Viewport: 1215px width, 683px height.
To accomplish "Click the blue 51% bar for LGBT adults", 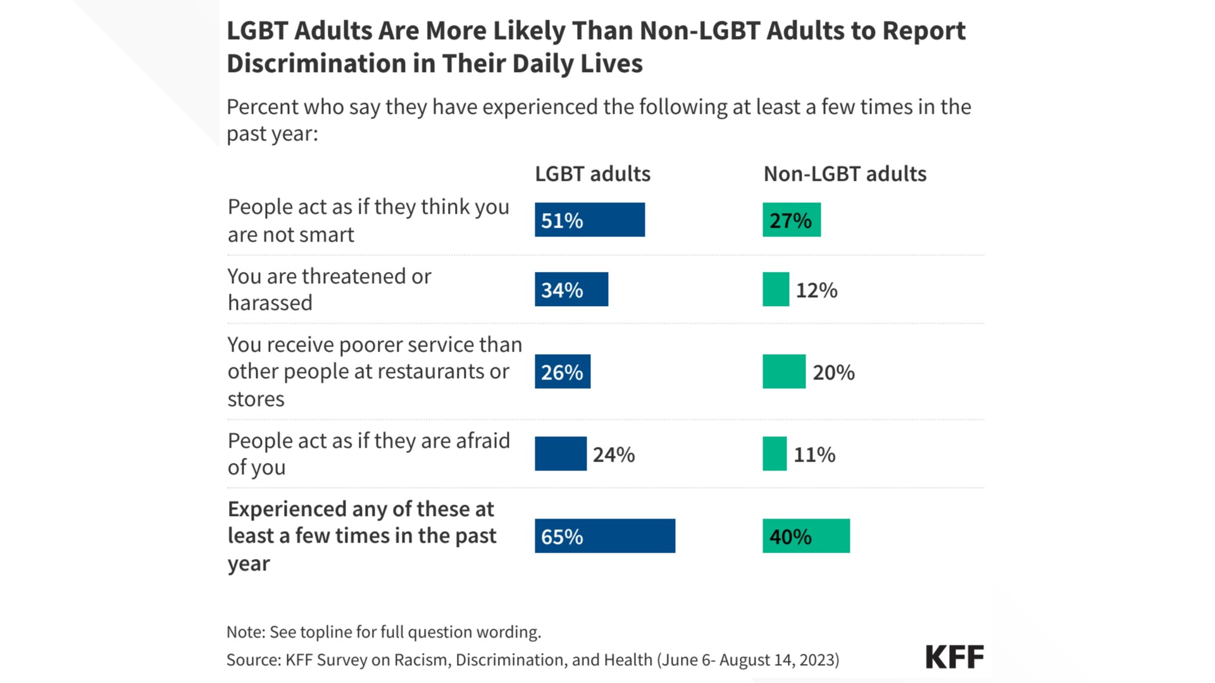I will tap(589, 219).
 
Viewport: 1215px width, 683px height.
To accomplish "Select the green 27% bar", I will tap(791, 219).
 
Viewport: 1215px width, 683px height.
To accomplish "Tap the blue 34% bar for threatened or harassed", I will tap(571, 289).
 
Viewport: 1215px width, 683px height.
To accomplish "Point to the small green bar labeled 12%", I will tap(775, 289).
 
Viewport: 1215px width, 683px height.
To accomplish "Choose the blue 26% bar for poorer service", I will tap(562, 371).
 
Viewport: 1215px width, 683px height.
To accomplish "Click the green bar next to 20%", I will tap(783, 371).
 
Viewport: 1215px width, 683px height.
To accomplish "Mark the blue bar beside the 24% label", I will tap(560, 453).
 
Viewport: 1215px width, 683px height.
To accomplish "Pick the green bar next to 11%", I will tap(774, 453).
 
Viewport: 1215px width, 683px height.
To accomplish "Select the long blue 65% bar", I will tap(604, 536).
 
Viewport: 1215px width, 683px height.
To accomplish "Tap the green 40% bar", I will tap(806, 536).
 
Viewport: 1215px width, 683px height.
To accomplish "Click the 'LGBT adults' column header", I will tap(592, 174).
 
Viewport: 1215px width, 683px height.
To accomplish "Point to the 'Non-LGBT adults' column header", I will tap(844, 174).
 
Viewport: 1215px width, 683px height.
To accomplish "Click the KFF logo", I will tap(954, 657).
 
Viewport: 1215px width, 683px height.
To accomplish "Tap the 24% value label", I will tap(613, 455).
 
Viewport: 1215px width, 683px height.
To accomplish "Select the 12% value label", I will tap(816, 290).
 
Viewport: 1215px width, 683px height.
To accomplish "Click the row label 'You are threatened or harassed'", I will tap(329, 290).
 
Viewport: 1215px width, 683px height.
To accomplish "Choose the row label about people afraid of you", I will tap(368, 453).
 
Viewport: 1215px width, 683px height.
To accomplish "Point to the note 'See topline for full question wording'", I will tap(405, 632).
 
